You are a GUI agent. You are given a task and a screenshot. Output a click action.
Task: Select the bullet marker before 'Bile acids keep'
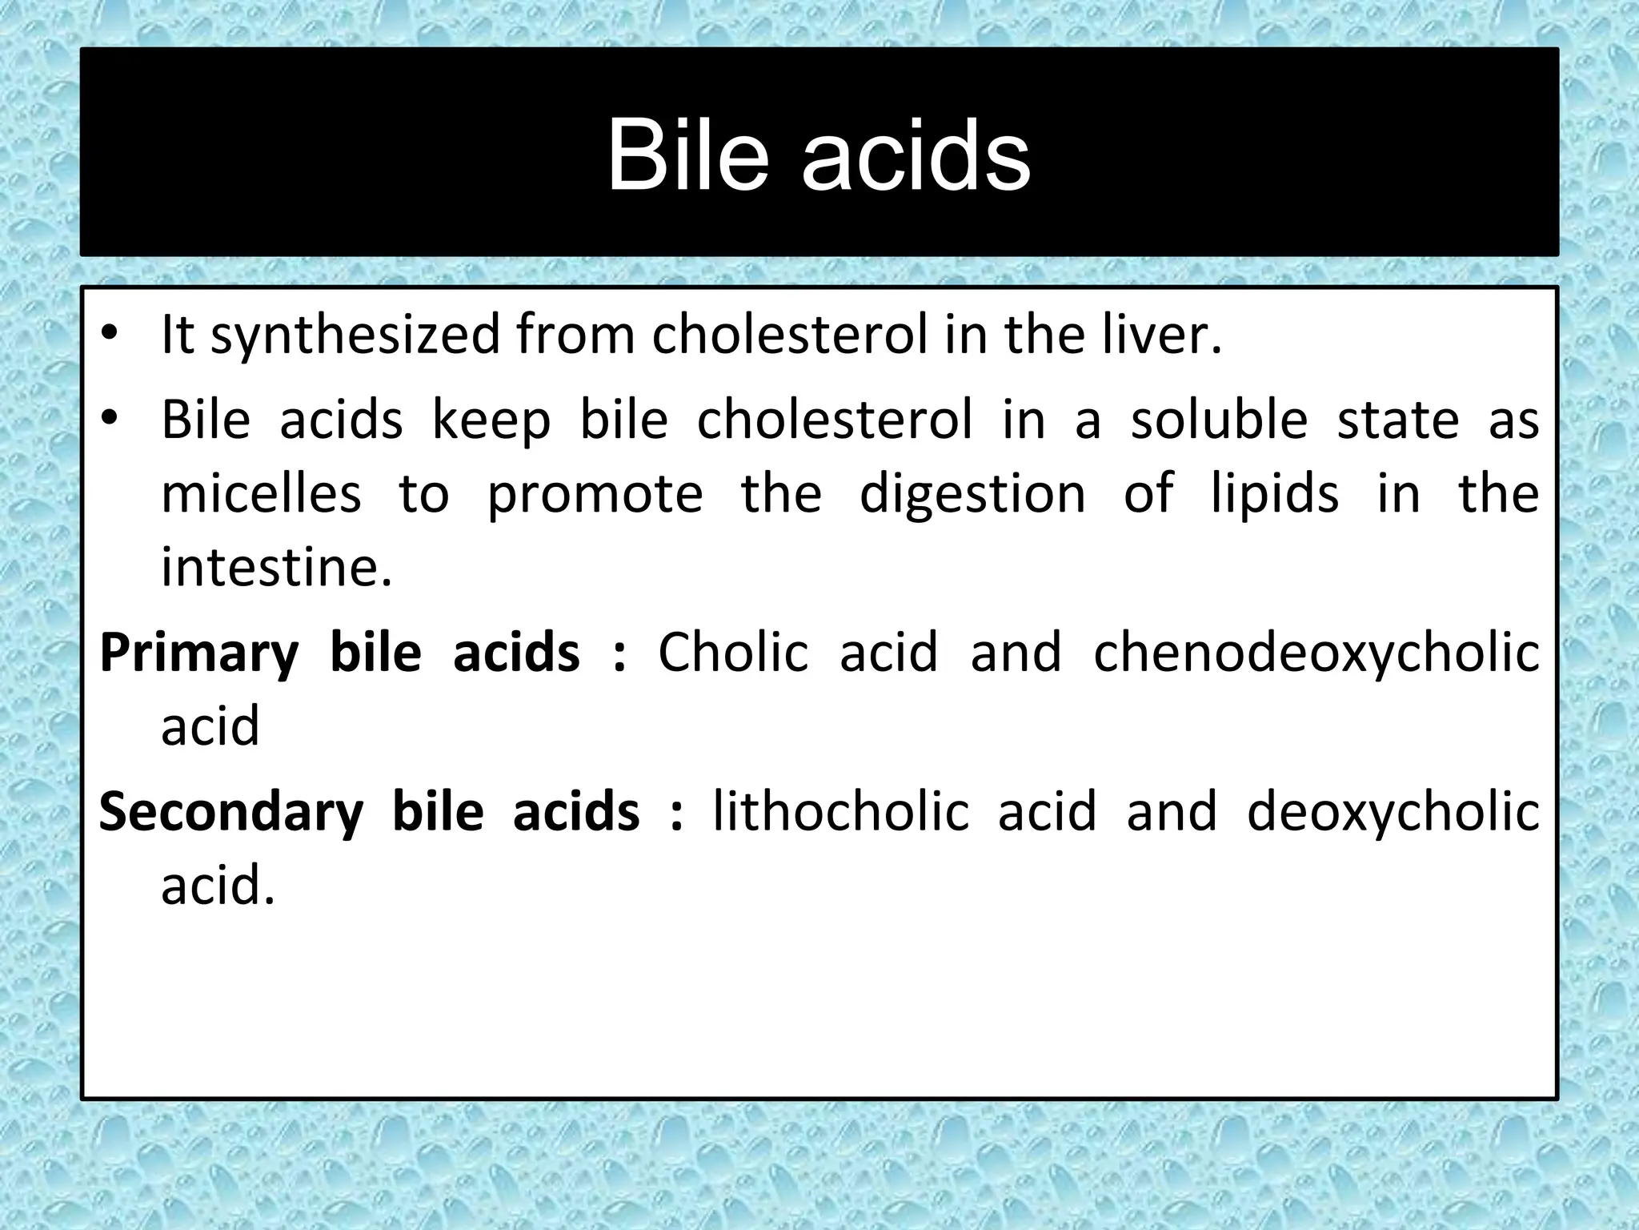tap(110, 419)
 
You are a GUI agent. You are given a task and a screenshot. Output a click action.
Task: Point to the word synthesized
tap(355, 336)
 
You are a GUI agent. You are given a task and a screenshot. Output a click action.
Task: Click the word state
tap(1398, 420)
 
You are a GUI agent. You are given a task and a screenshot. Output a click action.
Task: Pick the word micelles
tap(262, 493)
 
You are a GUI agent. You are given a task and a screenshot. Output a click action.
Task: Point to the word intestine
tap(277, 568)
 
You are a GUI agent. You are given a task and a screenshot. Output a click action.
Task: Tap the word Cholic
tap(733, 652)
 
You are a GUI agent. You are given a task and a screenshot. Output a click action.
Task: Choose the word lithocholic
tap(840, 811)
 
